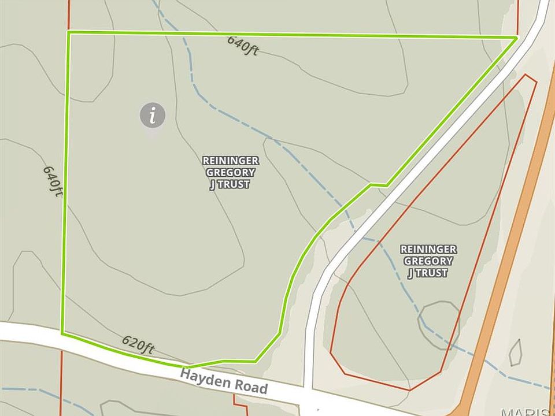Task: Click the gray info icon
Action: pos(153,116)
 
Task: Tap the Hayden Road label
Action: pos(224,381)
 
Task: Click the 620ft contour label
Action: pos(138,346)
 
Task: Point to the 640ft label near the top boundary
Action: pos(243,45)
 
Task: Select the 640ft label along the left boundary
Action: pos(52,181)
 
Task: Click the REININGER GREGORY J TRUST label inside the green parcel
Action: pos(230,172)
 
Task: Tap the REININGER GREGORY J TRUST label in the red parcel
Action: pos(428,261)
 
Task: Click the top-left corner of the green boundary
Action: pos(69,32)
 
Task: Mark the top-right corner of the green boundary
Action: pos(516,38)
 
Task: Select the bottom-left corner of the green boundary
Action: pos(62,333)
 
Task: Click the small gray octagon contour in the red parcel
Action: pos(439,325)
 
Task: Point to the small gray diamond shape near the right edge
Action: pos(516,352)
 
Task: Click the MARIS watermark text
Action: pos(526,411)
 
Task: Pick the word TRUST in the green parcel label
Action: pos(230,184)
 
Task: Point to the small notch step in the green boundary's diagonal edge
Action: pos(378,185)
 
